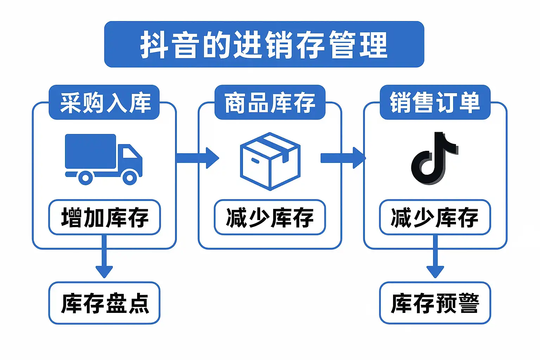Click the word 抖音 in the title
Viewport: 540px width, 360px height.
pos(171,45)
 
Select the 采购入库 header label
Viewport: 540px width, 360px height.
pos(104,103)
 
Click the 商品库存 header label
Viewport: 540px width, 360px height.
pos(270,103)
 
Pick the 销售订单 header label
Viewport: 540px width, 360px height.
pos(435,103)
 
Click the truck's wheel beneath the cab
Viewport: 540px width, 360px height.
pos(130,178)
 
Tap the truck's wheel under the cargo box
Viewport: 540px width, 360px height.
pos(85,178)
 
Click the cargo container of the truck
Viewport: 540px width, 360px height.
pos(90,151)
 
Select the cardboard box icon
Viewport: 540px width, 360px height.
pos(270,162)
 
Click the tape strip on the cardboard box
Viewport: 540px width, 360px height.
pos(276,145)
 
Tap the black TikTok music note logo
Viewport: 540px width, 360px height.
pos(434,158)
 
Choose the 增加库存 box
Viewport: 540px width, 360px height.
pos(104,217)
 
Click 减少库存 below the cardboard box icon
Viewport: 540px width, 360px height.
pos(270,217)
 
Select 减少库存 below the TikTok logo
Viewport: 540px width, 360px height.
pos(435,217)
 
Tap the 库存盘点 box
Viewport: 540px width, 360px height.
pos(104,303)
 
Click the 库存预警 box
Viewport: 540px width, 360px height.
pos(435,303)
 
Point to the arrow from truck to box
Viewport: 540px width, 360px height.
pos(198,158)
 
